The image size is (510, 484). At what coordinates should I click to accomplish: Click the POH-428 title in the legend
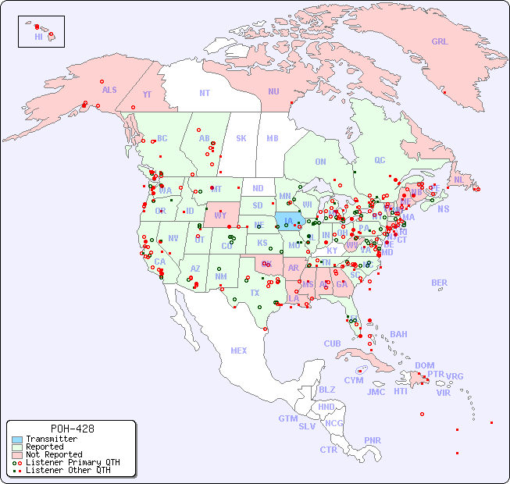72,429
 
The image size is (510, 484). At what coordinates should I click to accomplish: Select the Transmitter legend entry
51,439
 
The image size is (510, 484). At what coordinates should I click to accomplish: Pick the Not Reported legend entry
53,454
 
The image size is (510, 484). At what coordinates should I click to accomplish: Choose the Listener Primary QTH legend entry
72,462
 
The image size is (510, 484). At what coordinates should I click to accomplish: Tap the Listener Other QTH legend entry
67,470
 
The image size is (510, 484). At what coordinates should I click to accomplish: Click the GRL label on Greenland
440,41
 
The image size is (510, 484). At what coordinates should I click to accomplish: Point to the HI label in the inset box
38,36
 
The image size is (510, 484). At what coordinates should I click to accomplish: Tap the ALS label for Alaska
109,90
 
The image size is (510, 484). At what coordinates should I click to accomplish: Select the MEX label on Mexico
239,351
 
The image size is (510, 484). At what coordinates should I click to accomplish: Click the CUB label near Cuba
333,343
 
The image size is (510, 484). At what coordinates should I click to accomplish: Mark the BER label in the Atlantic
440,283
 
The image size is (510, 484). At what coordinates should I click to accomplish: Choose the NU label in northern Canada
273,91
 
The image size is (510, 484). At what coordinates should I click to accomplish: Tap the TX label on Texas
255,293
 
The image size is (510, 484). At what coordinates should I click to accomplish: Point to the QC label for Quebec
380,160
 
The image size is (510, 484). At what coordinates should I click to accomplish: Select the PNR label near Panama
373,440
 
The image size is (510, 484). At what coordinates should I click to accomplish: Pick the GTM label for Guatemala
287,418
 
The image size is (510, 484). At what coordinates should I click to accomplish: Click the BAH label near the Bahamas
398,334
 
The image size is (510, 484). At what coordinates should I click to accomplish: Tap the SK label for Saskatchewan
241,138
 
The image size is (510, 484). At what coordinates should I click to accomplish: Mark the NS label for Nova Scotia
443,208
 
